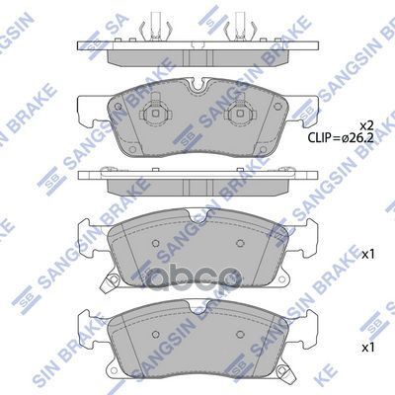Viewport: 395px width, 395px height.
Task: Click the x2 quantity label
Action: pyautogui.click(x=364, y=124)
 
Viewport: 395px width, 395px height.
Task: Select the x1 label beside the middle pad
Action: pyautogui.click(x=368, y=254)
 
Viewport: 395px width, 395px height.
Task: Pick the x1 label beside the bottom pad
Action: pyautogui.click(x=368, y=350)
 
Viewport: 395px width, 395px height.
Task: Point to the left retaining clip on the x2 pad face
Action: pyautogui.click(x=156, y=120)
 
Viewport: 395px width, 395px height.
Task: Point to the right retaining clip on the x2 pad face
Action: pyautogui.click(x=237, y=120)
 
